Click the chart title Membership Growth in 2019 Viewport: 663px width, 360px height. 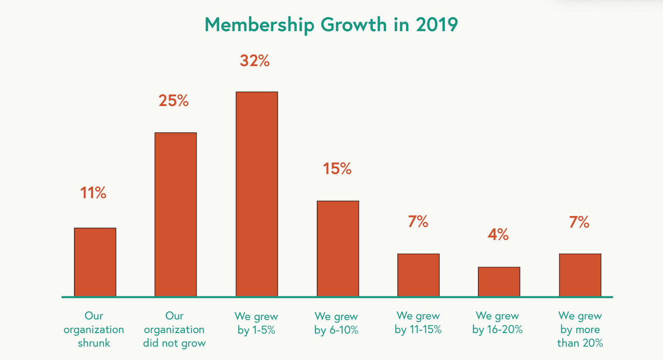[331, 25]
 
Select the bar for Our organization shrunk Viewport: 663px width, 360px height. [95, 262]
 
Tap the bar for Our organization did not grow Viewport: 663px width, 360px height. [176, 215]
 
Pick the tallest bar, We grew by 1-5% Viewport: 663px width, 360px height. [257, 194]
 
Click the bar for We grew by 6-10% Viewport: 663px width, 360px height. [338, 249]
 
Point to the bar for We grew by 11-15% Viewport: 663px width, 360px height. [418, 275]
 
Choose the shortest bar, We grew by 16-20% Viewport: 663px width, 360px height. [499, 282]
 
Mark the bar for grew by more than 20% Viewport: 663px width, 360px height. [580, 275]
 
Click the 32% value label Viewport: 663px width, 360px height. [254, 61]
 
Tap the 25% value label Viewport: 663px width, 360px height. [173, 101]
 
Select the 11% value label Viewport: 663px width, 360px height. [93, 193]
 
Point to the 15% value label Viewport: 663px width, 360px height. [337, 169]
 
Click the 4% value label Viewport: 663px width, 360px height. [498, 234]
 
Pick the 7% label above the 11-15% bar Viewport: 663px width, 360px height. [418, 222]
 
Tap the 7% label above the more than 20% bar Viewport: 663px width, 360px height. [579, 222]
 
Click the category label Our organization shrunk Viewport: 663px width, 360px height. [94, 329]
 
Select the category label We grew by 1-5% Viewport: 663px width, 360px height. [256, 323]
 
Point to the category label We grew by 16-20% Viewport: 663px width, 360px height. [497, 323]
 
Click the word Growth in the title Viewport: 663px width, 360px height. [353, 25]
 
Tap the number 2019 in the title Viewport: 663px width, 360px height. [437, 25]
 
